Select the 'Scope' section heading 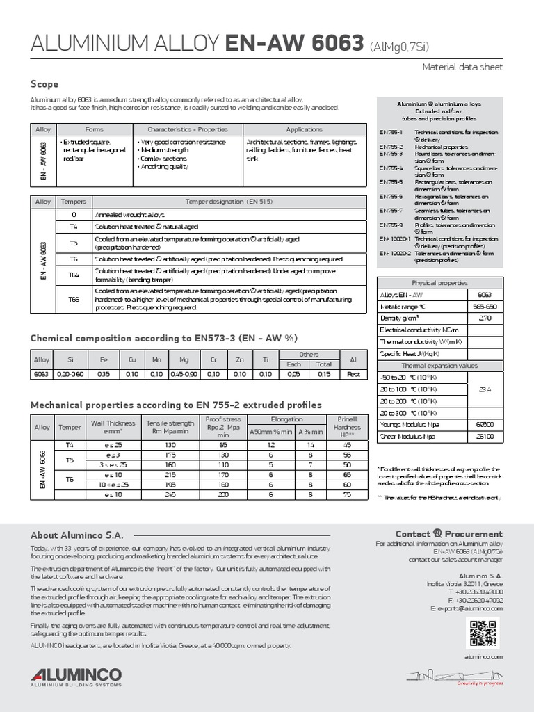coord(44,84)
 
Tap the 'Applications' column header coord(304,130)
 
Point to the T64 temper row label coord(74,275)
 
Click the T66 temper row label coord(74,299)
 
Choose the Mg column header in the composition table coord(184,359)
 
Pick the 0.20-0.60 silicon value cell coord(68,374)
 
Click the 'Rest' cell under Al coord(353,374)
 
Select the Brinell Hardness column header coord(346,427)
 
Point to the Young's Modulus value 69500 coord(485,424)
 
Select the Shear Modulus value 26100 coord(485,436)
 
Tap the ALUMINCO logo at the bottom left coord(76,677)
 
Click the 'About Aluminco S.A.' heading coord(76,535)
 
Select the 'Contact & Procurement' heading coord(449,534)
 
